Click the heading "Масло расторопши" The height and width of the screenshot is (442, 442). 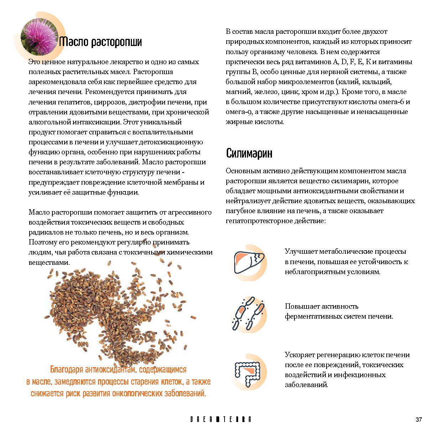coord(101,42)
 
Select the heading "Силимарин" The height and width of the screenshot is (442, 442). coord(250,153)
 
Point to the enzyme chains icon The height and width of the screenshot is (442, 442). coord(249,313)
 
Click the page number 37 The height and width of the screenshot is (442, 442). coord(419,420)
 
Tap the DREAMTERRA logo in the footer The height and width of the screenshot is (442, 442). coord(221,420)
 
